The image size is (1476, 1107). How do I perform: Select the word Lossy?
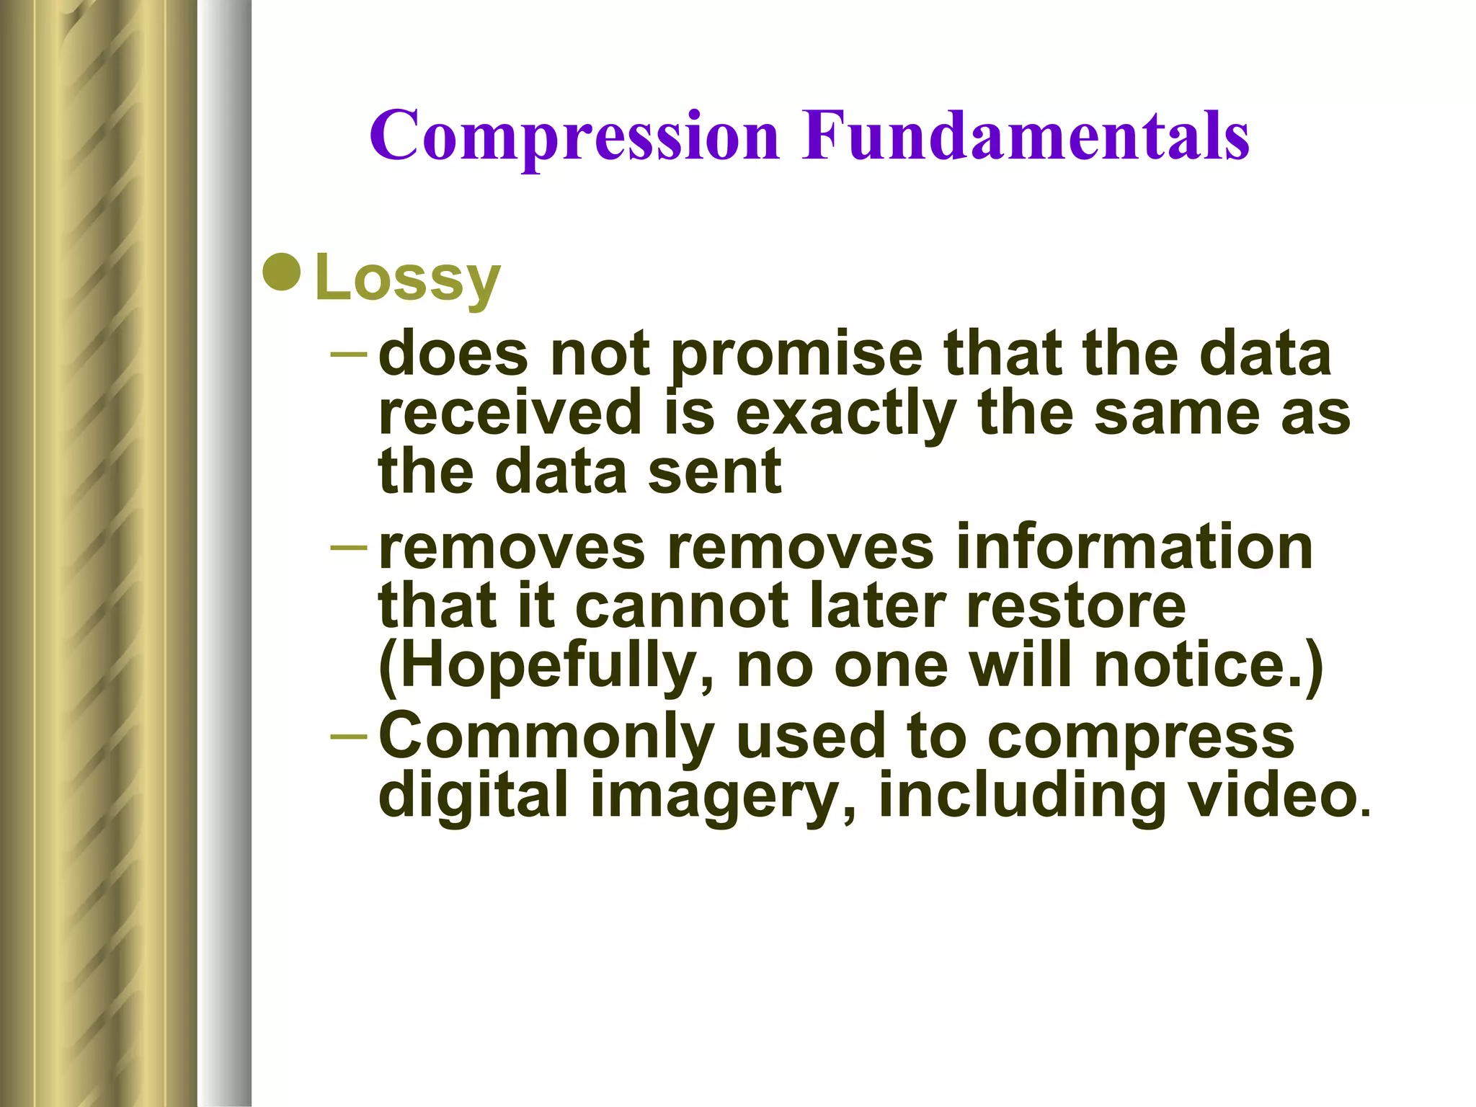[407, 279]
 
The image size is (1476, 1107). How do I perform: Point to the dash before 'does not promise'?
[350, 355]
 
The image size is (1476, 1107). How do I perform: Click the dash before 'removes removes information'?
[350, 546]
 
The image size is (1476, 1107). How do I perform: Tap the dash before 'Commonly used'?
[350, 736]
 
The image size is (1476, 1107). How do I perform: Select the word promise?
[796, 356]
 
